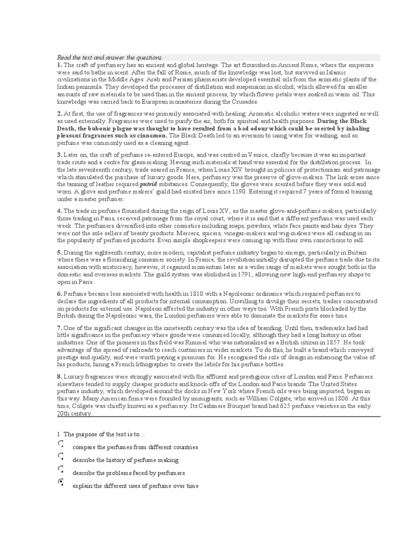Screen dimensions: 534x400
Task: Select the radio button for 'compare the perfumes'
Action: (61, 444)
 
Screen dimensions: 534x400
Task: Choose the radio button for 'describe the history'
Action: (61, 457)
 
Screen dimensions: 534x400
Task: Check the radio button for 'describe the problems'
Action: (61, 470)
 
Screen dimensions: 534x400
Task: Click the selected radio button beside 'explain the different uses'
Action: (61, 483)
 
